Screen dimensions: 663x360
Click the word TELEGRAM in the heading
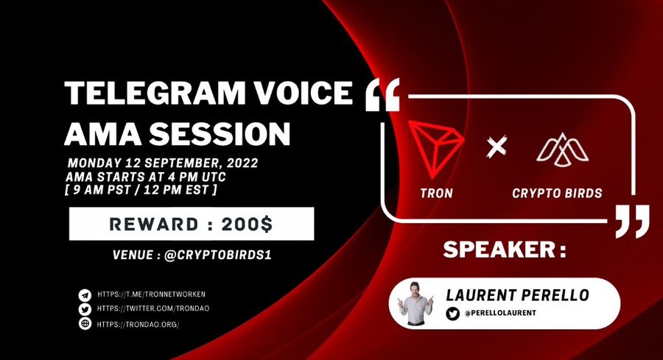[155, 93]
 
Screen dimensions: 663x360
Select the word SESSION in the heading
[219, 133]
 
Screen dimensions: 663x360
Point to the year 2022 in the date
[242, 163]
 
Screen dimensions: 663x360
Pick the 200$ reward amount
[248, 225]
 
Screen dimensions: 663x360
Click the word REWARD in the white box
[154, 225]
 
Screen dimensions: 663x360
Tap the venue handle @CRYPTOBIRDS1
[217, 255]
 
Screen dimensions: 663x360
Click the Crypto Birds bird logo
[562, 149]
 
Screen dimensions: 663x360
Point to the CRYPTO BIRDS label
[557, 193]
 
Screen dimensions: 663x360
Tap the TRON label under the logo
[436, 193]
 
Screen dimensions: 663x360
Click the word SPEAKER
[499, 250]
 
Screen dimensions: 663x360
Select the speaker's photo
[415, 303]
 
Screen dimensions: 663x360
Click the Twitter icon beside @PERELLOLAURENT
[452, 314]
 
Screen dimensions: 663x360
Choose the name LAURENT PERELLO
[518, 295]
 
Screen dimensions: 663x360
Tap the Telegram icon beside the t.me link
[85, 295]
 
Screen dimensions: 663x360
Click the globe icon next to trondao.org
[85, 324]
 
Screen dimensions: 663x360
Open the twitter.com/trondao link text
[153, 308]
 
